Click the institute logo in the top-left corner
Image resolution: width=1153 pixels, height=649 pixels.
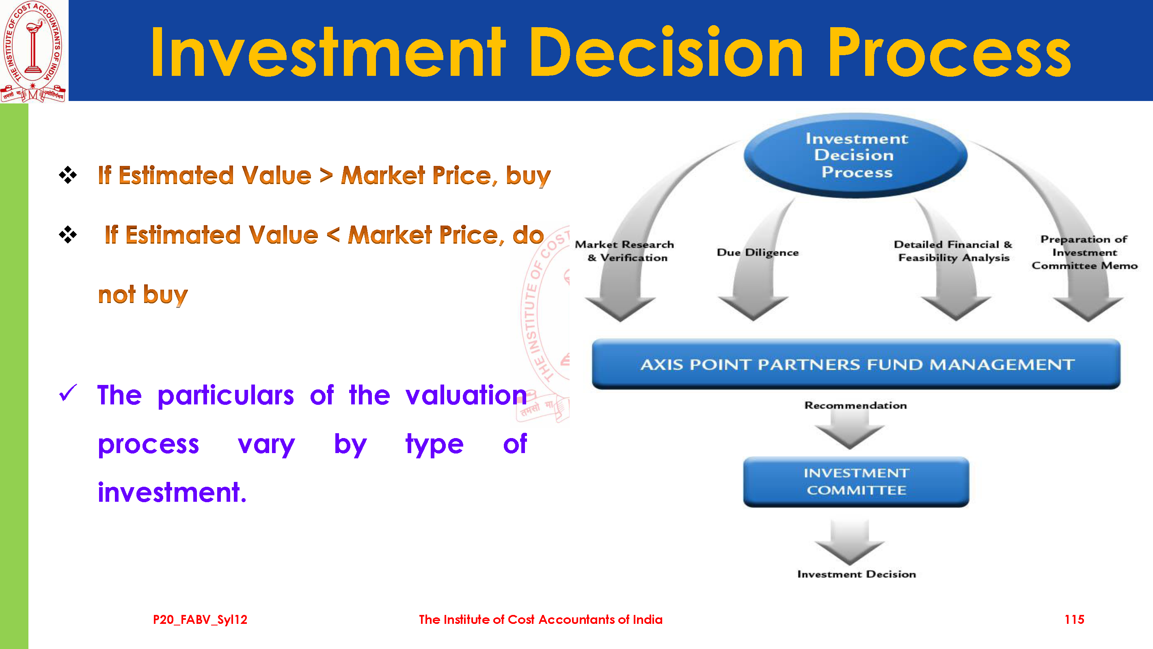point(34,51)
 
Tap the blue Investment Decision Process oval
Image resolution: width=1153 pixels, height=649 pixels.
point(856,155)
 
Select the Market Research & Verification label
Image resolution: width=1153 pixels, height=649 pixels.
point(625,251)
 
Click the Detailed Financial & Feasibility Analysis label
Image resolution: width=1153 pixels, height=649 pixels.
point(953,251)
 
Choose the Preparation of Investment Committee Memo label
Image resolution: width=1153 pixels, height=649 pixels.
point(1084,252)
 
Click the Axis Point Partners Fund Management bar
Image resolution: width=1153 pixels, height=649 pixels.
point(856,364)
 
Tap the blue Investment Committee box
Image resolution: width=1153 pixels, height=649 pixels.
point(856,482)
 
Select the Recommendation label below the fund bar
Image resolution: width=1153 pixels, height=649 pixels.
point(856,405)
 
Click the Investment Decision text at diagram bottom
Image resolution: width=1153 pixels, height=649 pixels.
point(857,574)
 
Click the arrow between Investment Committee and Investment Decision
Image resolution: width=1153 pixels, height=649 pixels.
point(850,542)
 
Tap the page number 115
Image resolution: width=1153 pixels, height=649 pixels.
point(1074,619)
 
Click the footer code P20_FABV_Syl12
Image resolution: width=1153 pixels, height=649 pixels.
point(200,619)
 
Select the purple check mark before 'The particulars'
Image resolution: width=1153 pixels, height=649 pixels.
point(68,393)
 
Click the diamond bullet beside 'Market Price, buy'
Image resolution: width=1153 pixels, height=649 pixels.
point(67,175)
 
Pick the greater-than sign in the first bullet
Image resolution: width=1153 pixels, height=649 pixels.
point(326,175)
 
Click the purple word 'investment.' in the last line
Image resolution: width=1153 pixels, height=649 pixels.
point(172,492)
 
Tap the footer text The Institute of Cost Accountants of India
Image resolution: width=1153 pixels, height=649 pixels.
point(541,619)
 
